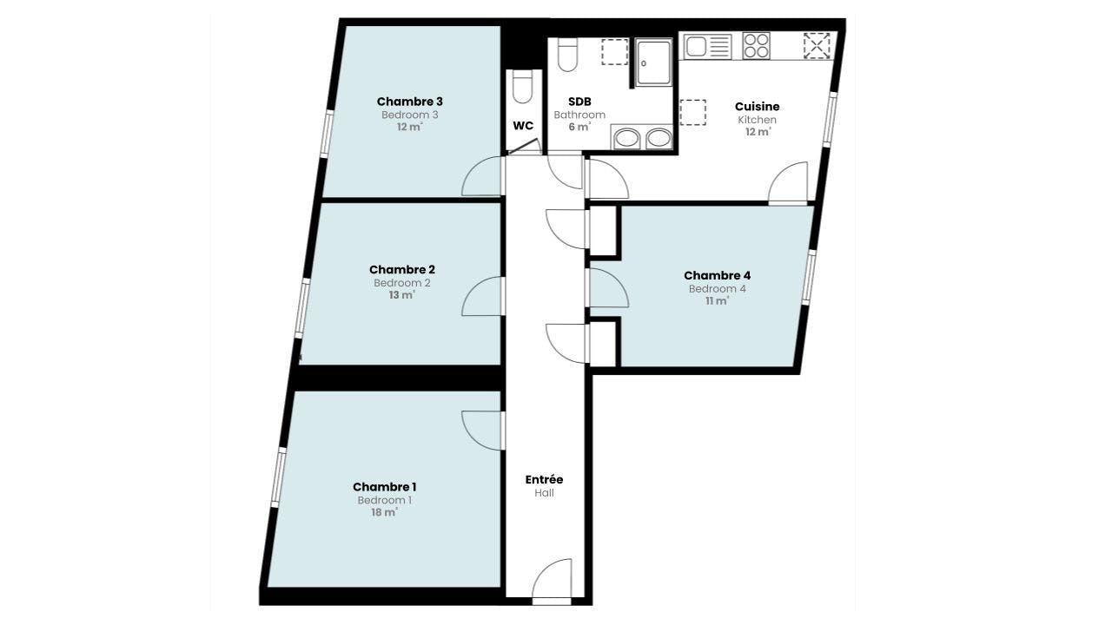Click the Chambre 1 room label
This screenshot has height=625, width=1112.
tap(384, 487)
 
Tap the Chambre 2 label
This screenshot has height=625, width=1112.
tap(401, 269)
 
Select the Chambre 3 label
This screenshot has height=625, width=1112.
tap(409, 102)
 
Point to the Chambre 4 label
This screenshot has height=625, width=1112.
tap(717, 275)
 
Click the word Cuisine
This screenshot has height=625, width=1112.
tap(757, 106)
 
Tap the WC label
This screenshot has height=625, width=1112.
tap(523, 126)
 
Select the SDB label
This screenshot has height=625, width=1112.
tap(579, 102)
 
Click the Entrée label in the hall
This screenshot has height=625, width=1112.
tap(544, 479)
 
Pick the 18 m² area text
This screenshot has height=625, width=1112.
tap(384, 512)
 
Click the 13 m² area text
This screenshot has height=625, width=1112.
tap(401, 294)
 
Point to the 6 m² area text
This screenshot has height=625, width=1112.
tap(579, 127)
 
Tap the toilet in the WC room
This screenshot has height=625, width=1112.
tap(523, 87)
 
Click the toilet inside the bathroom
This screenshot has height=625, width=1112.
tap(568, 55)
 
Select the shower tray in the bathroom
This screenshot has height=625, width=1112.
tap(653, 62)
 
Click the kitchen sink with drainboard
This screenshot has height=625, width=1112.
tap(708, 47)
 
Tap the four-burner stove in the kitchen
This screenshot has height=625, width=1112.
tap(756, 46)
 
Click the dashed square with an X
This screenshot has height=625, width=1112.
tap(817, 46)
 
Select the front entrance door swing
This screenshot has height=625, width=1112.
tap(552, 579)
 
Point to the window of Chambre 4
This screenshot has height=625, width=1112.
tap(808, 278)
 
